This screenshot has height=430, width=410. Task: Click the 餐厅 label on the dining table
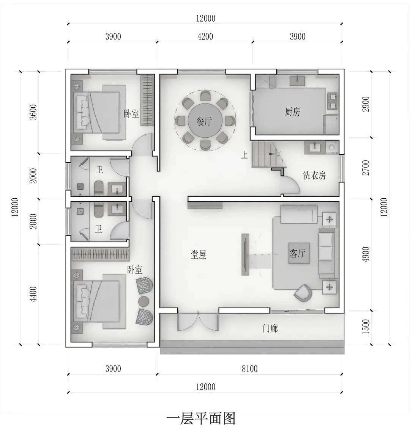(204, 122)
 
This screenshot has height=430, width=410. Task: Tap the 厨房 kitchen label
(292, 112)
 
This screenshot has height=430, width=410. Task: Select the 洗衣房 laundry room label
(314, 176)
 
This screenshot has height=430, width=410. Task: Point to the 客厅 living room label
(298, 253)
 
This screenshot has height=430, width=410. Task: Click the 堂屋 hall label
(199, 255)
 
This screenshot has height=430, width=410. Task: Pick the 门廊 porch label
(270, 328)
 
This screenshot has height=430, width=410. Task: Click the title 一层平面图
(201, 419)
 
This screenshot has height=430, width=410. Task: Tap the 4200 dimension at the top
(205, 37)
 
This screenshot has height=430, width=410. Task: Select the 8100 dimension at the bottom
(249, 369)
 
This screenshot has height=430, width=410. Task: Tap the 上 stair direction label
(245, 155)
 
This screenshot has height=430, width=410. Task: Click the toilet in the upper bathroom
(98, 188)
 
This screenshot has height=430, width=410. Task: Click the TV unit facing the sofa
(245, 254)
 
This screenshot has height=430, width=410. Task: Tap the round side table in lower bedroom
(144, 301)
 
